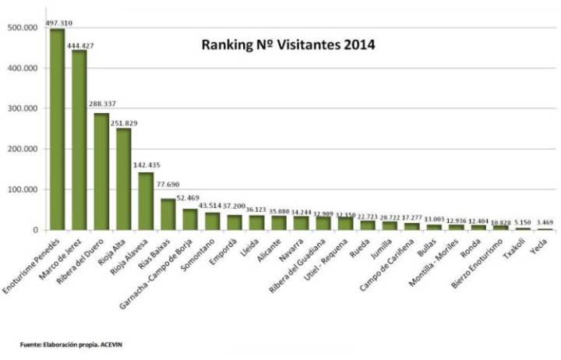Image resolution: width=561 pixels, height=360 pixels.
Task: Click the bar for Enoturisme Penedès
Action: [57, 129]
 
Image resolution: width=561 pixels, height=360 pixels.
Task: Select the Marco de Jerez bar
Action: [79, 140]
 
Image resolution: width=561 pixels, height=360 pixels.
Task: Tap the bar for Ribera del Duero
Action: [101, 171]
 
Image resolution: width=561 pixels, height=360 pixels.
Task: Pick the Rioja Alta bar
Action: [123, 179]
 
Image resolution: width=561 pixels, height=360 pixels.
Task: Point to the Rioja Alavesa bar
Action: [146, 201]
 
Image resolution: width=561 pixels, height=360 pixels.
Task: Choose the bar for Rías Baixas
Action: [168, 214]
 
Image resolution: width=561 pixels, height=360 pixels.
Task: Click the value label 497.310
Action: [59, 23]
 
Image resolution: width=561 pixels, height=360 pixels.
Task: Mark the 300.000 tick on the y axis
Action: [27, 108]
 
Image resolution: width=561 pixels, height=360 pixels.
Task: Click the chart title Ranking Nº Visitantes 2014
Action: [288, 45]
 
